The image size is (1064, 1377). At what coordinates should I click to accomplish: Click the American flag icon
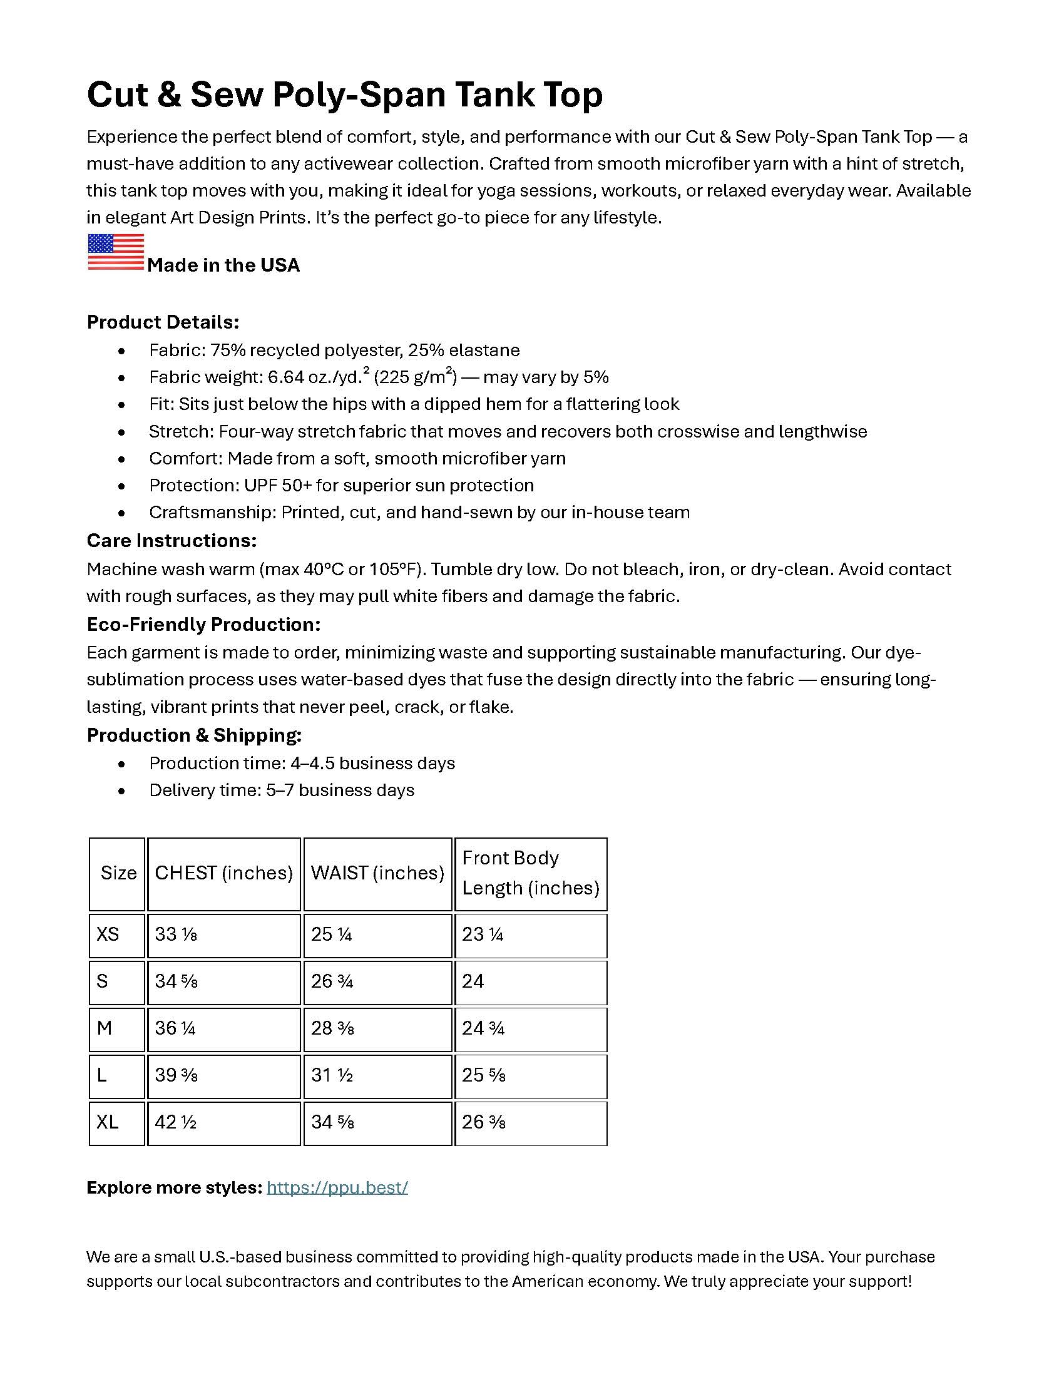coord(115,252)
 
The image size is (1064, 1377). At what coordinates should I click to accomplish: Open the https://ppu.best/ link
coord(337,1188)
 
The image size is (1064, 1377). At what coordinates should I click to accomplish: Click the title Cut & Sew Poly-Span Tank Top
coord(344,95)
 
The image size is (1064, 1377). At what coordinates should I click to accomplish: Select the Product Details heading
coord(163,322)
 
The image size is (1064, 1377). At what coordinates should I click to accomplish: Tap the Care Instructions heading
coord(171,541)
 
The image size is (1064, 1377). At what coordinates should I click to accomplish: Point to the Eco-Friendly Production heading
coord(203,624)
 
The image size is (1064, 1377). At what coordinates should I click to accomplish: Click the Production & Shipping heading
coord(194,735)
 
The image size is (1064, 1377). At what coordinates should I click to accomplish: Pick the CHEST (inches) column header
coord(224,873)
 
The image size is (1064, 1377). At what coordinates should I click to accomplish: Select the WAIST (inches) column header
coord(377,873)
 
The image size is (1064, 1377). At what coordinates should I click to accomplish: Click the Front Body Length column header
coord(530,873)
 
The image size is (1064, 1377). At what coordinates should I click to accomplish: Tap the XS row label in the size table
coord(108,934)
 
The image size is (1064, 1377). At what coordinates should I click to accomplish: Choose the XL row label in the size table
coord(108,1122)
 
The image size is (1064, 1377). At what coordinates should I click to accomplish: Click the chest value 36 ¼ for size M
coord(175,1028)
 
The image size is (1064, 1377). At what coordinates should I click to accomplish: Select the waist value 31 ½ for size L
coord(332,1075)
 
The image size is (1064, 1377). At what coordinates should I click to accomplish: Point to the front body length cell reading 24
coord(473,981)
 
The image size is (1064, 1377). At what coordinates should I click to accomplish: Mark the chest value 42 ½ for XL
coord(176,1122)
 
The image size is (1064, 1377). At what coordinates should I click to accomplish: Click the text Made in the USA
coord(223,265)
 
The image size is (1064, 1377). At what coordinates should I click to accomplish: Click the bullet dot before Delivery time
coord(121,791)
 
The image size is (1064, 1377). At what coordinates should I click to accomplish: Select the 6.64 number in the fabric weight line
coord(286,377)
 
